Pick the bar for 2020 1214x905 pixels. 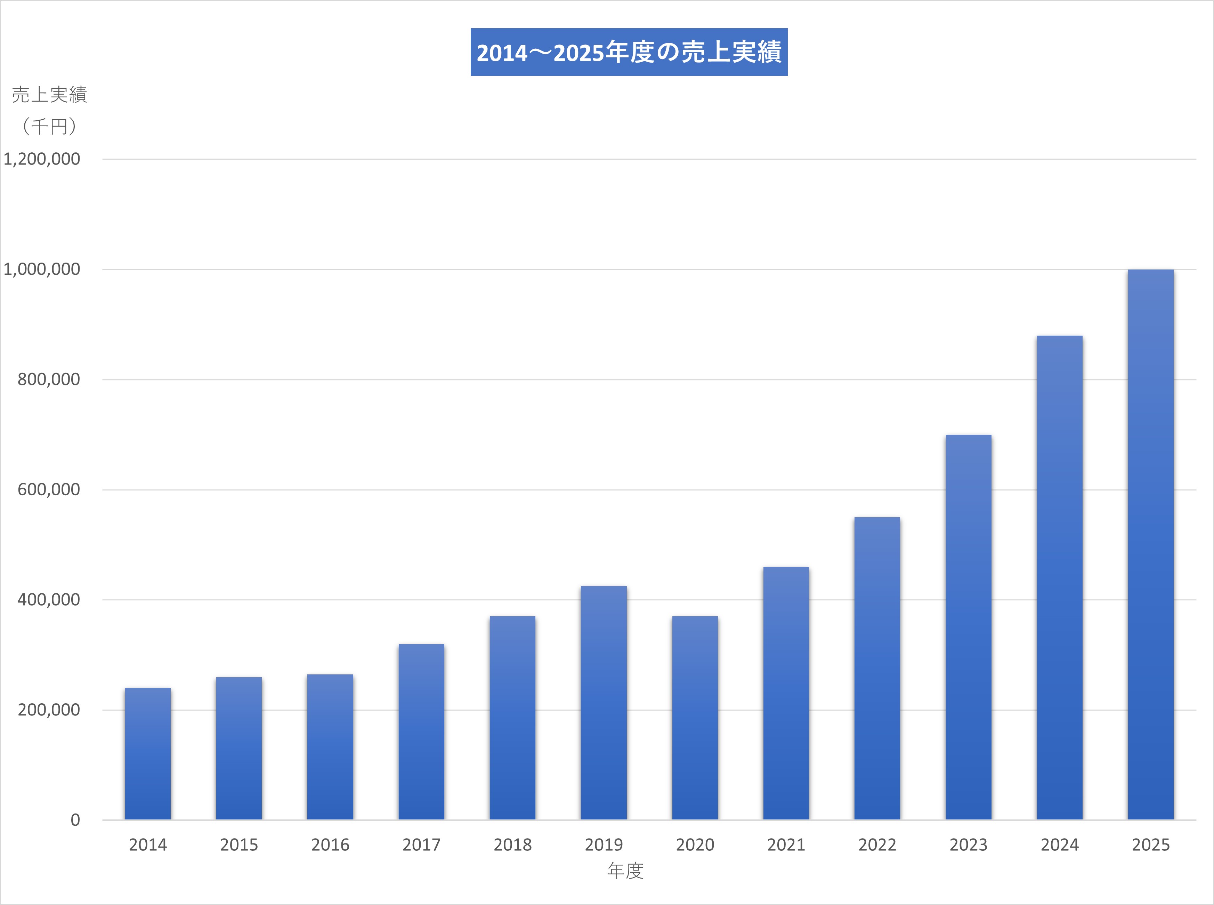tap(695, 718)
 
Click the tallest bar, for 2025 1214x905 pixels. tap(1150, 545)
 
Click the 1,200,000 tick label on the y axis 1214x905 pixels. tap(42, 159)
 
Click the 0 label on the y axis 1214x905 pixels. tap(75, 820)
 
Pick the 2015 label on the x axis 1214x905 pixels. tap(239, 845)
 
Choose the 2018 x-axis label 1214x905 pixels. tap(512, 845)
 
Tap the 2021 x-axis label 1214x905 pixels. tap(786, 845)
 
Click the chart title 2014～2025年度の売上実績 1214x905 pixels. tap(629, 52)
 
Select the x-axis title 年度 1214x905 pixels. tap(625, 871)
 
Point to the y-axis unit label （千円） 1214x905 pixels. tap(49, 127)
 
